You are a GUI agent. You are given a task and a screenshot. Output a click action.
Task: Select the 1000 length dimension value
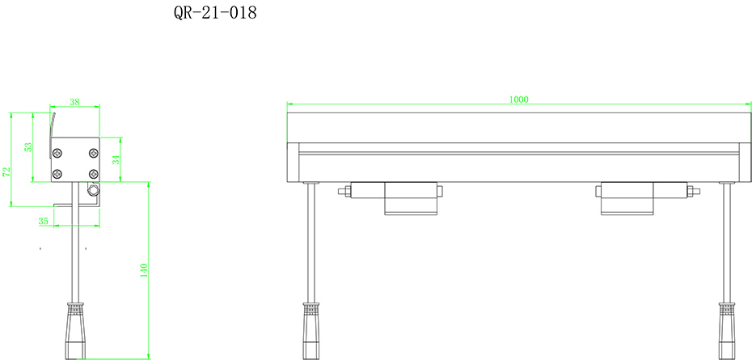click(x=518, y=100)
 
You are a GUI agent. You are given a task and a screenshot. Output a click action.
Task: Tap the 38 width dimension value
click(x=74, y=102)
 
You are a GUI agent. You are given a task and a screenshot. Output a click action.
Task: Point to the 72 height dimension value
click(x=6, y=172)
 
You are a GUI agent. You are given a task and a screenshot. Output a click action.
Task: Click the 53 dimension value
click(x=28, y=148)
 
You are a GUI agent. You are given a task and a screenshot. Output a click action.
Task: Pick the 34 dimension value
click(x=116, y=159)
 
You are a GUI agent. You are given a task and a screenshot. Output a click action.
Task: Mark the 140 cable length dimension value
click(x=144, y=269)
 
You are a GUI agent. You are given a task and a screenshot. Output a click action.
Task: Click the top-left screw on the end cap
click(x=57, y=153)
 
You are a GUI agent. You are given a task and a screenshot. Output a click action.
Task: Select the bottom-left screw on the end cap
click(x=57, y=173)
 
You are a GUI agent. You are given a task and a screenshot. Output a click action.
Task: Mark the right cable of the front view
click(x=727, y=243)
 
